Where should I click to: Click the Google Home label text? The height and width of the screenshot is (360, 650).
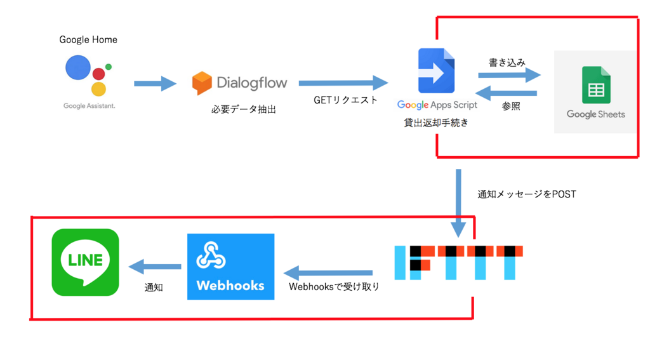pos(88,39)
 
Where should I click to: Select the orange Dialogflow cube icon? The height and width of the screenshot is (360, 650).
pos(202,83)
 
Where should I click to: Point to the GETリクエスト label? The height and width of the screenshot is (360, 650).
pos(345,100)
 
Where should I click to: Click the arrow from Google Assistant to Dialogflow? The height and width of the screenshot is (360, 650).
pos(155,83)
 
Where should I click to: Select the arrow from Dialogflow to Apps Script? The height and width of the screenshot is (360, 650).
pos(343,83)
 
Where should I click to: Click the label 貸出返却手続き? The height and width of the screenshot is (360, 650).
pos(436,123)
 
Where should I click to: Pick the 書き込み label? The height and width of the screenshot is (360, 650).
pos(507,62)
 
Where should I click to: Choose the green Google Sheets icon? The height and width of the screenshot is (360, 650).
pos(596,84)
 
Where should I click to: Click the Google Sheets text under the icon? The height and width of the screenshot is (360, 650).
pos(595,114)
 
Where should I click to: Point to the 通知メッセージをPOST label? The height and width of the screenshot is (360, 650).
pos(526,194)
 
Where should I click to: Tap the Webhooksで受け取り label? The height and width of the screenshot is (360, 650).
pos(334,287)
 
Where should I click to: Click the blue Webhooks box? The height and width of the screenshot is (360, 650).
pos(230,267)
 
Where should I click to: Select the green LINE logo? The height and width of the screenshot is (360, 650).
pos(85,262)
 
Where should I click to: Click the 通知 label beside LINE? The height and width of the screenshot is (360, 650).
pos(154,287)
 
